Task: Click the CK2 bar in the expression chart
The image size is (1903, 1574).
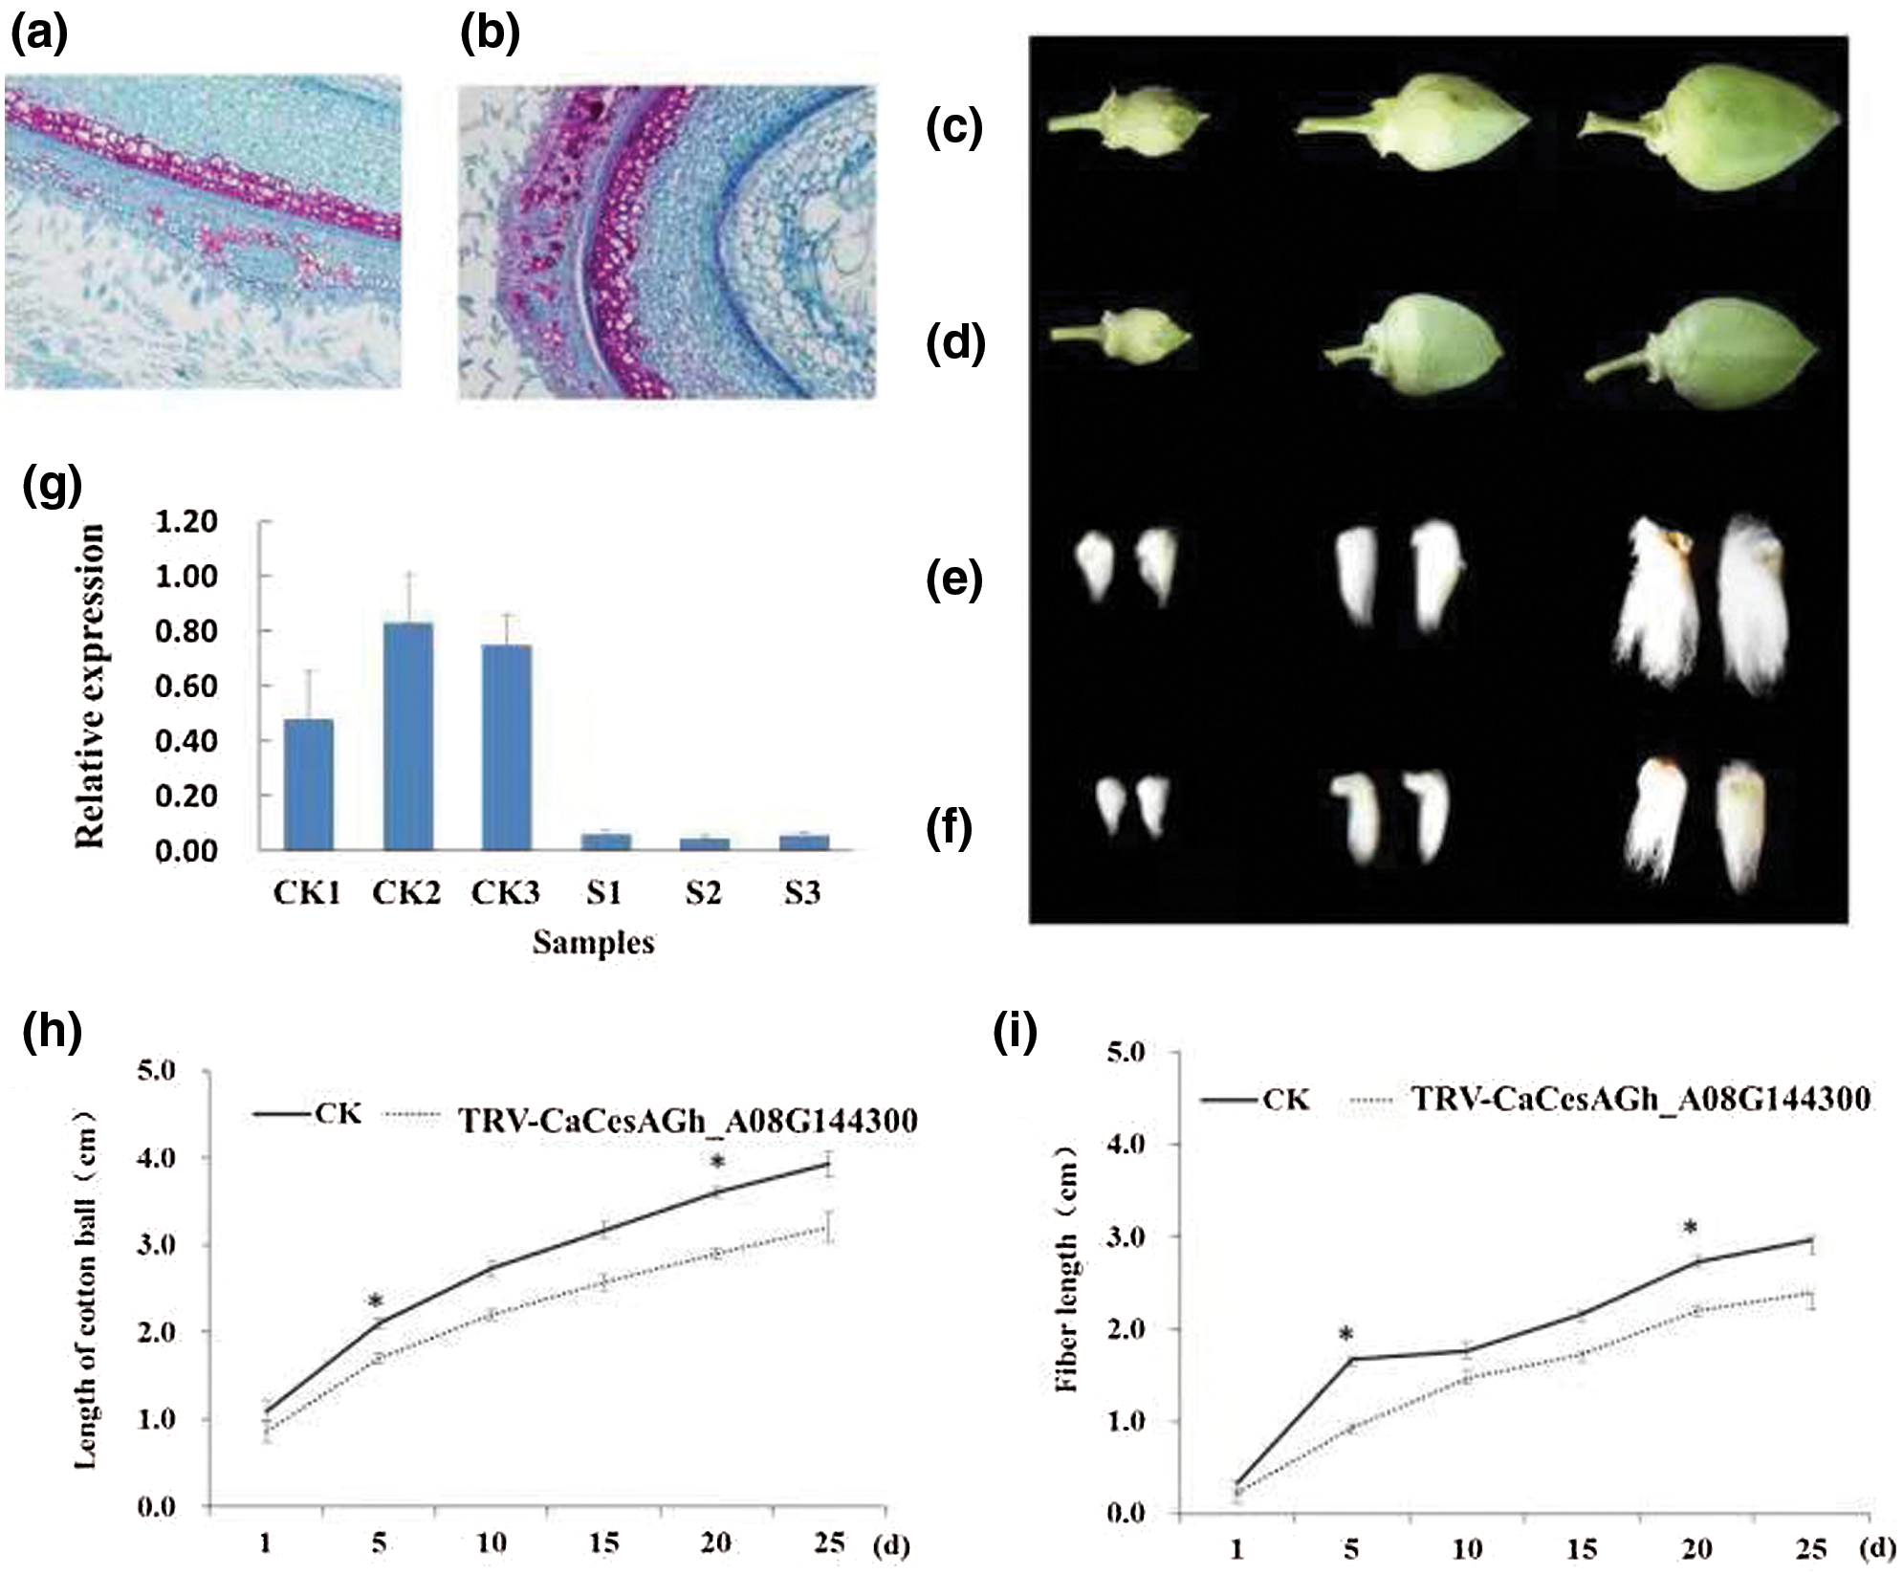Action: pyautogui.click(x=407, y=736)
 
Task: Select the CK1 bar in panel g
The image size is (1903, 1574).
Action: pyautogui.click(x=308, y=784)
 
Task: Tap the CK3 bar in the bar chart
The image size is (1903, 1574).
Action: pyautogui.click(x=507, y=747)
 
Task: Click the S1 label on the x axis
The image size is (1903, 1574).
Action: pyautogui.click(x=604, y=893)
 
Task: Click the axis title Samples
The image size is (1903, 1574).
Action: pyautogui.click(x=593, y=943)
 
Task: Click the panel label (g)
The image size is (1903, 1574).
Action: pyautogui.click(x=54, y=486)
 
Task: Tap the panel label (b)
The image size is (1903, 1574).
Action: pyautogui.click(x=490, y=34)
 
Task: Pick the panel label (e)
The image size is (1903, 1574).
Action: pyautogui.click(x=954, y=581)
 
